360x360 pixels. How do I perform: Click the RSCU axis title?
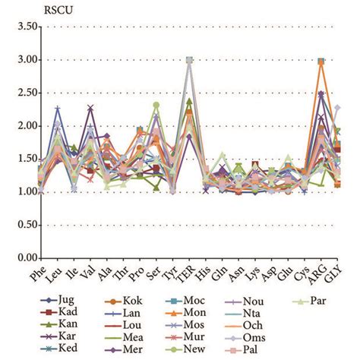click(24, 11)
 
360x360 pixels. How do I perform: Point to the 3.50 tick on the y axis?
click(27, 27)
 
